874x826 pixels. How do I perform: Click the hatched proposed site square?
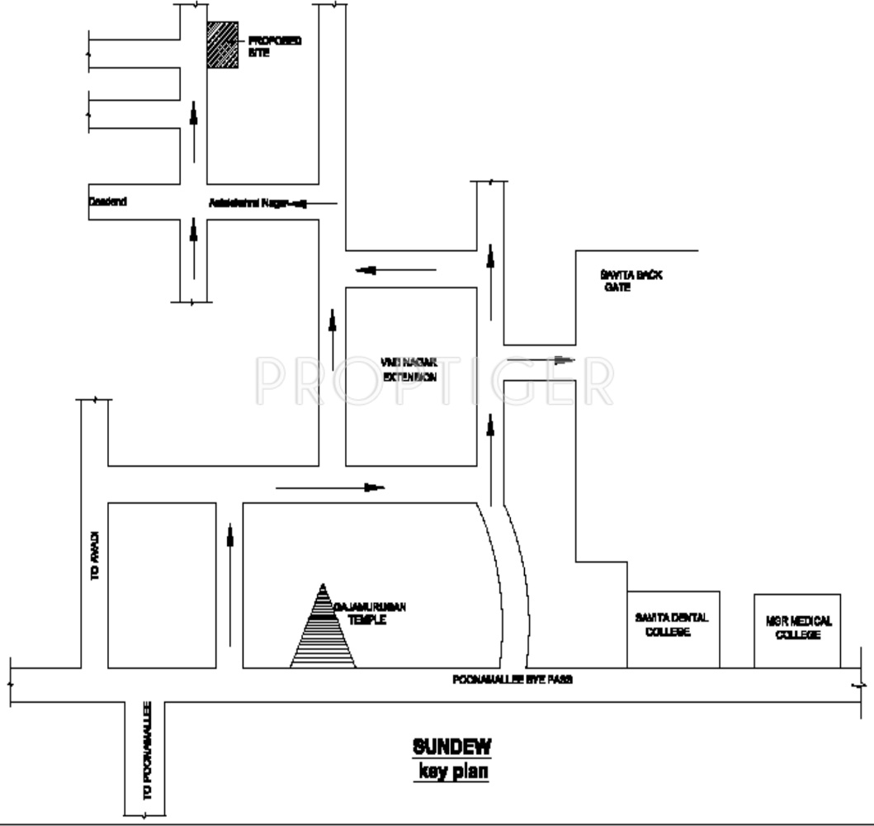pyautogui.click(x=222, y=45)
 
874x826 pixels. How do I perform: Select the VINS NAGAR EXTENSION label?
pyautogui.click(x=409, y=368)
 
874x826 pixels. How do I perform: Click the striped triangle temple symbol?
pyautogui.click(x=323, y=632)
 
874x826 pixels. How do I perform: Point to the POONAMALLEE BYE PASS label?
pyautogui.click(x=512, y=680)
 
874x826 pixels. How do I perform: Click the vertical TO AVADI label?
pyautogui.click(x=95, y=563)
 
